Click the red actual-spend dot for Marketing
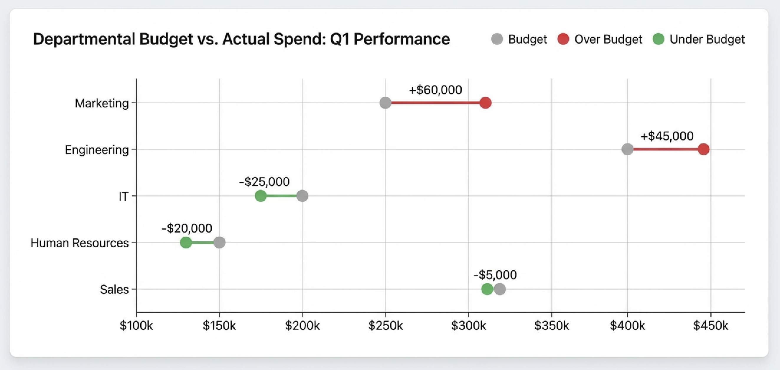point(486,103)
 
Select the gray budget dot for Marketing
point(385,103)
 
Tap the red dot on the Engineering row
point(703,149)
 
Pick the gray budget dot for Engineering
point(627,149)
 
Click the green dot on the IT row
point(260,196)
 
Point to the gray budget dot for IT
point(302,196)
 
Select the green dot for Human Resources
point(186,243)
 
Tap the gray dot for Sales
point(500,289)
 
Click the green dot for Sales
point(487,289)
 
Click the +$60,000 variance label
point(435,90)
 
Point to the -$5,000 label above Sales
point(495,275)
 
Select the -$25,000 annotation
point(264,182)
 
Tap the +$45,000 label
point(667,136)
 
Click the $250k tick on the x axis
point(385,326)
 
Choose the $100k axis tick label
point(136,326)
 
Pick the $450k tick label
point(710,326)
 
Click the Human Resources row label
point(80,243)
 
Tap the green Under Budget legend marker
point(658,39)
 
